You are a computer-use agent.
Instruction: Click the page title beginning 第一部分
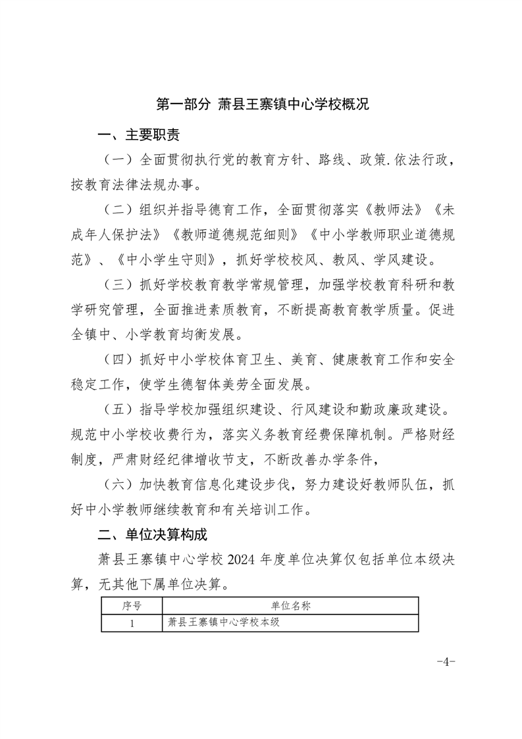(261, 104)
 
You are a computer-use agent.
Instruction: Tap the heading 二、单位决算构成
(153, 535)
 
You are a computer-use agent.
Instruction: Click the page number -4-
(446, 661)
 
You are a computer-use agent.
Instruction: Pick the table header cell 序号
(132, 605)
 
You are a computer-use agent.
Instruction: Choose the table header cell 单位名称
(290, 605)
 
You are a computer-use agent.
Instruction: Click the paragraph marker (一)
(118, 160)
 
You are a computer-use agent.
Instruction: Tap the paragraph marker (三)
(118, 285)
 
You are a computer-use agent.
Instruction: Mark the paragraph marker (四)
(118, 359)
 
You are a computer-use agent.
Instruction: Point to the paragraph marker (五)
(118, 410)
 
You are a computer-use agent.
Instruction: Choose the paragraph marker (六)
(118, 485)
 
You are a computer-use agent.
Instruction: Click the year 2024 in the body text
(241, 560)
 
